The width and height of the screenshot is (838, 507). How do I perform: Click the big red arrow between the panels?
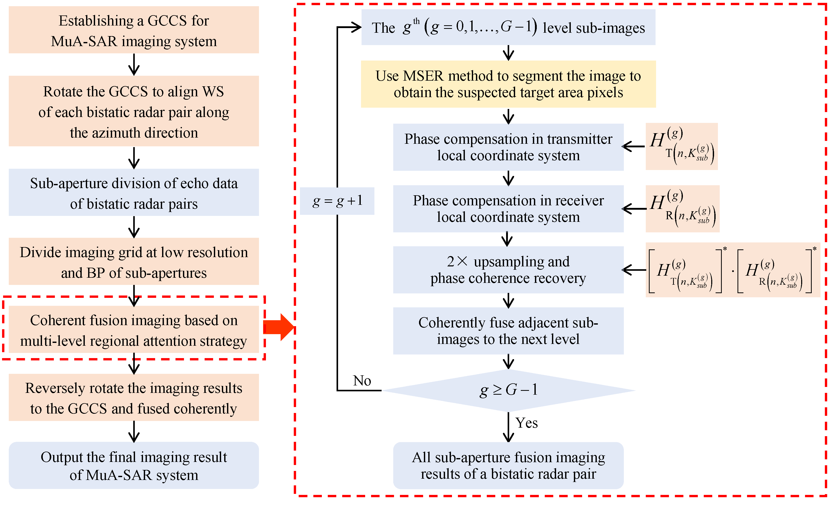click(x=278, y=327)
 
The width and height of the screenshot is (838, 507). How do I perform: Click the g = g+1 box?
click(x=337, y=201)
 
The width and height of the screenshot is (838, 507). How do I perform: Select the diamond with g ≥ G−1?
click(x=508, y=390)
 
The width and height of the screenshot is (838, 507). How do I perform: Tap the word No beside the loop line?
click(x=362, y=381)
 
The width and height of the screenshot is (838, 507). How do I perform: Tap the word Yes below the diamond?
click(x=526, y=423)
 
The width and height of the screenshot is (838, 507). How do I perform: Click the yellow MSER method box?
click(x=508, y=84)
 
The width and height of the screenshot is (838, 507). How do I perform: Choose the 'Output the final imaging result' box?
click(x=134, y=465)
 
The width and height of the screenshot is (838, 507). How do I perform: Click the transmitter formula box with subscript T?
click(x=681, y=146)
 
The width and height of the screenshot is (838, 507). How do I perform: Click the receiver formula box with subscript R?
click(x=682, y=208)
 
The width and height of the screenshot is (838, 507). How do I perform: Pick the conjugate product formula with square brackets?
click(x=733, y=270)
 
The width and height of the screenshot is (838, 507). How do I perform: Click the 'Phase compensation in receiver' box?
click(x=508, y=208)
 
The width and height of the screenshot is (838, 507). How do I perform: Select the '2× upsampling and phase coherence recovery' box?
click(x=508, y=270)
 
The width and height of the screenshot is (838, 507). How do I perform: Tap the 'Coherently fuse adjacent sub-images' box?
click(x=508, y=331)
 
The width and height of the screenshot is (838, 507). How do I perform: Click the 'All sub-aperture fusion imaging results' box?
click(x=508, y=465)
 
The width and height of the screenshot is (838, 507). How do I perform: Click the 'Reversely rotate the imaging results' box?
click(x=134, y=398)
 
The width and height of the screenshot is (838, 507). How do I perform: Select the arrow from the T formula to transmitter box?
click(x=633, y=146)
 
